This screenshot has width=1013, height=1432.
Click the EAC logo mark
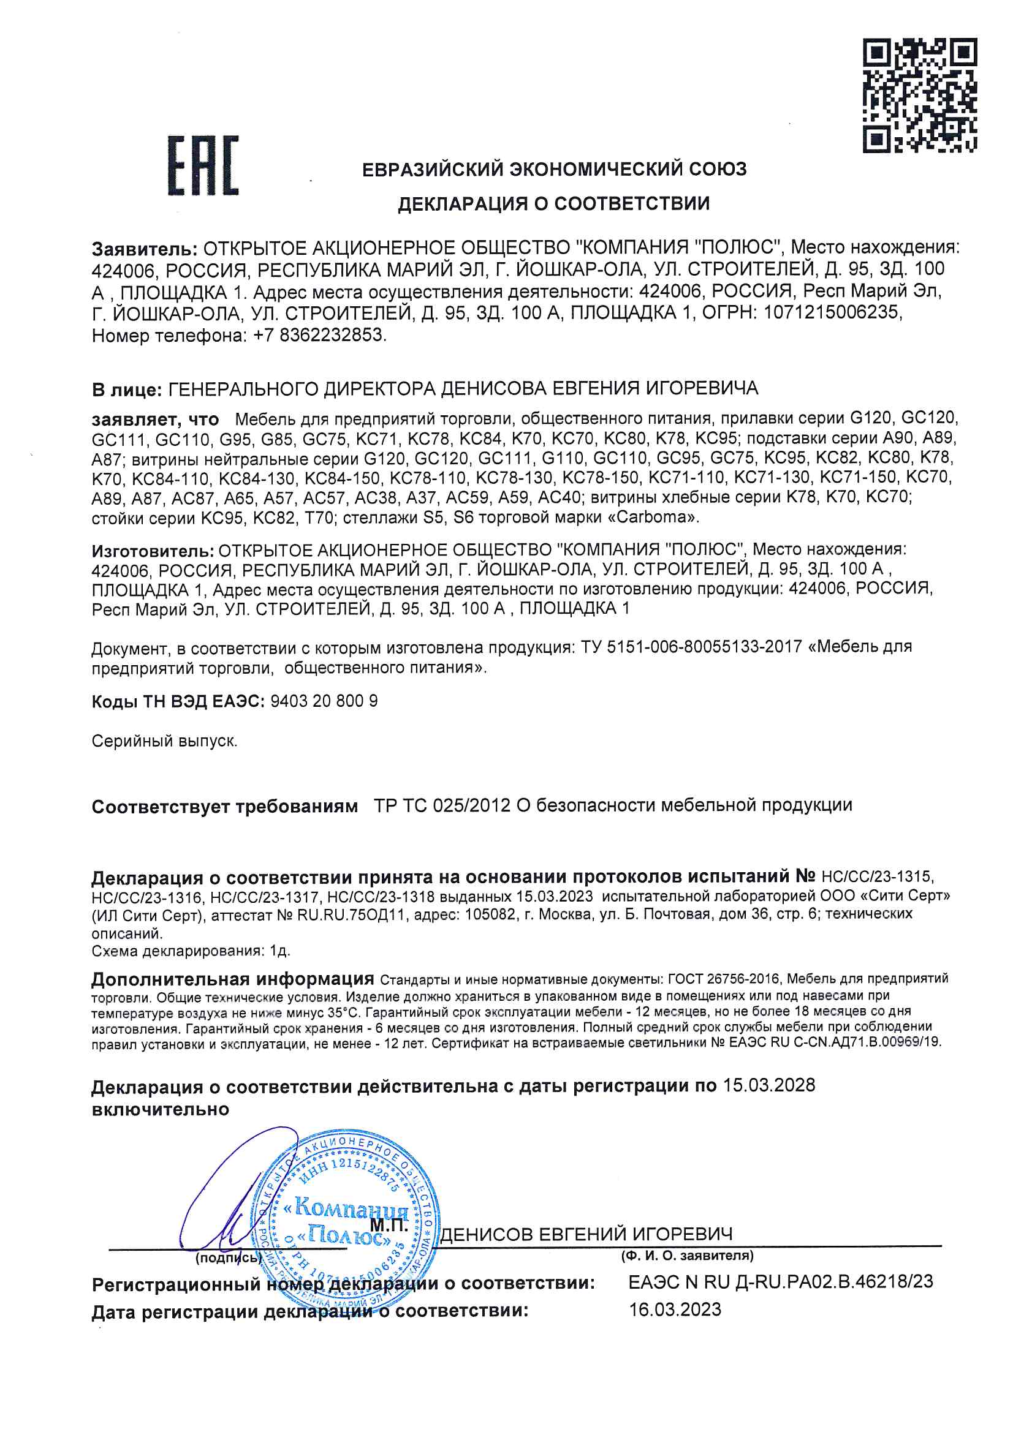coord(203,165)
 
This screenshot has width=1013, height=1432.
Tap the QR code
coord(919,96)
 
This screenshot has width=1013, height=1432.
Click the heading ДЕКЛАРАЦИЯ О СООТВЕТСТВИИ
coord(553,203)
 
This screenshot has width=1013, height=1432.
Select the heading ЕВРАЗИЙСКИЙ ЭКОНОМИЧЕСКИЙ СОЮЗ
coord(553,169)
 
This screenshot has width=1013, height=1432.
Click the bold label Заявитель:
coord(145,249)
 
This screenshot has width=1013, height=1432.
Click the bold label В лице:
coord(127,390)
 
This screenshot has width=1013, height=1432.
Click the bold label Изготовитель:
coord(153,551)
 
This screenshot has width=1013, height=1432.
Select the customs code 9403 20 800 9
coord(324,701)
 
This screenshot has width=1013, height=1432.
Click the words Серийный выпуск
coord(164,741)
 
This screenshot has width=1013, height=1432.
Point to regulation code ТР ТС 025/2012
coord(442,805)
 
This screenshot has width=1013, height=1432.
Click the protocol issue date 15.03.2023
coord(554,896)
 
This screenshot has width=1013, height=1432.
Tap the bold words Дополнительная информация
coord(232,979)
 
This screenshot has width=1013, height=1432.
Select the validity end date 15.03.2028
coord(769,1085)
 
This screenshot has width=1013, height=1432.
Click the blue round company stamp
coord(347,1226)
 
